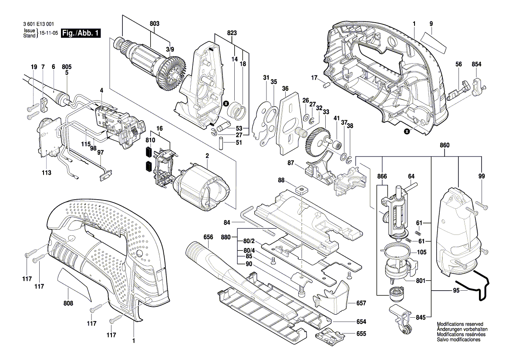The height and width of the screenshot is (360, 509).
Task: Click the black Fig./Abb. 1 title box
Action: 81,33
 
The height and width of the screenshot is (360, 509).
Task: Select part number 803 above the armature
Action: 155,24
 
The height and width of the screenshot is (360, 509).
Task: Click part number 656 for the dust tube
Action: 208,237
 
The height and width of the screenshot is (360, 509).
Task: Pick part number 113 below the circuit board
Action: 47,173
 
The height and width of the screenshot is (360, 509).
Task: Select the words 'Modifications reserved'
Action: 460,324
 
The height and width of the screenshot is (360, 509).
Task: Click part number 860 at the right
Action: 444,145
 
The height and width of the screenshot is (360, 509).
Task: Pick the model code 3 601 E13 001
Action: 39,24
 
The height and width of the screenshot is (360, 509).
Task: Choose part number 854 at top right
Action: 476,65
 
